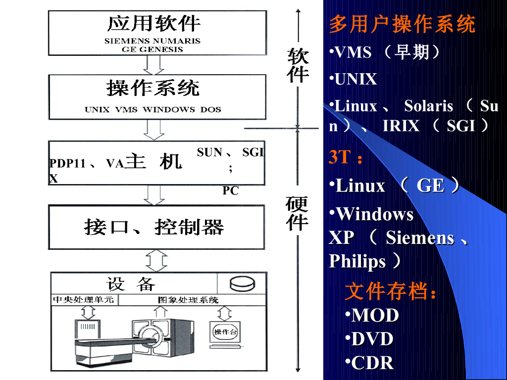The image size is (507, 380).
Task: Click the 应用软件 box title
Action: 154,23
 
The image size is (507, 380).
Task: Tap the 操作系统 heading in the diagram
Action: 153,88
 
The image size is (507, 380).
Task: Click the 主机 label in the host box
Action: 153,161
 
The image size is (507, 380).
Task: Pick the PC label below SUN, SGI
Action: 230,190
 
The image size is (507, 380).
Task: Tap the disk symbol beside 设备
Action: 242,284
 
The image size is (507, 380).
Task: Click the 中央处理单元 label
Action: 84,300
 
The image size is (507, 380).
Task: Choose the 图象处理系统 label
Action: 188,300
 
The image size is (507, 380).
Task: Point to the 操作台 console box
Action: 225,332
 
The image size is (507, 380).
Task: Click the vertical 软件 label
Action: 298,65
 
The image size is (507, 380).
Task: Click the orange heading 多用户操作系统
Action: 402,24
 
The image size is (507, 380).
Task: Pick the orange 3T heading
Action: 345,157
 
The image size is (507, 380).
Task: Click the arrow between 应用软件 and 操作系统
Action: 153,64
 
